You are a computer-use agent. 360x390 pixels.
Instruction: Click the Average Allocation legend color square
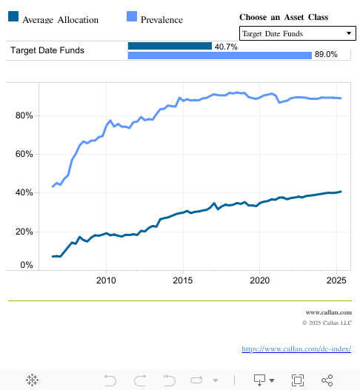13,16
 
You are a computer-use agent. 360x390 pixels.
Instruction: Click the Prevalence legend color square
132,16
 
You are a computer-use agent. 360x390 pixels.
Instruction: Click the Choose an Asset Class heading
284,17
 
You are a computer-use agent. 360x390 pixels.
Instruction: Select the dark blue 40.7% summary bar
170,46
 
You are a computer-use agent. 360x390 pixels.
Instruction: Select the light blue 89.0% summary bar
219,55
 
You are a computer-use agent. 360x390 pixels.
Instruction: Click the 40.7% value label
226,47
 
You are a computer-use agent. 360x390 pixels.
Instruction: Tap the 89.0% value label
326,55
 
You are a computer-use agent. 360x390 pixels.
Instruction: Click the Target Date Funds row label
47,50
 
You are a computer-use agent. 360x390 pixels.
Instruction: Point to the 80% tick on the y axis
24,115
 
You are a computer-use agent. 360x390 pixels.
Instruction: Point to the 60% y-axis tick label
24,154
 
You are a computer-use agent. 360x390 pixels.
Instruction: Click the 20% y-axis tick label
24,232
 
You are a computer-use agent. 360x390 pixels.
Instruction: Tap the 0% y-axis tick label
26,265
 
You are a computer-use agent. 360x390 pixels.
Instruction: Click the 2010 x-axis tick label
106,280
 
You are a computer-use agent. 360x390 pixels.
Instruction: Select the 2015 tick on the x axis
183,280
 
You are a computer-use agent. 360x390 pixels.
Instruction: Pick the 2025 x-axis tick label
336,280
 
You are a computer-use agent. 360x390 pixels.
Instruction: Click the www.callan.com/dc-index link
296,349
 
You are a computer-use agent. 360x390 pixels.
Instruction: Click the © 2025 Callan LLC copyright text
327,323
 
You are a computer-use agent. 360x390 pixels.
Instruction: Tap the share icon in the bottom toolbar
327,380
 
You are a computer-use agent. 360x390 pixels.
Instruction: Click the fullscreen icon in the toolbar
297,380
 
